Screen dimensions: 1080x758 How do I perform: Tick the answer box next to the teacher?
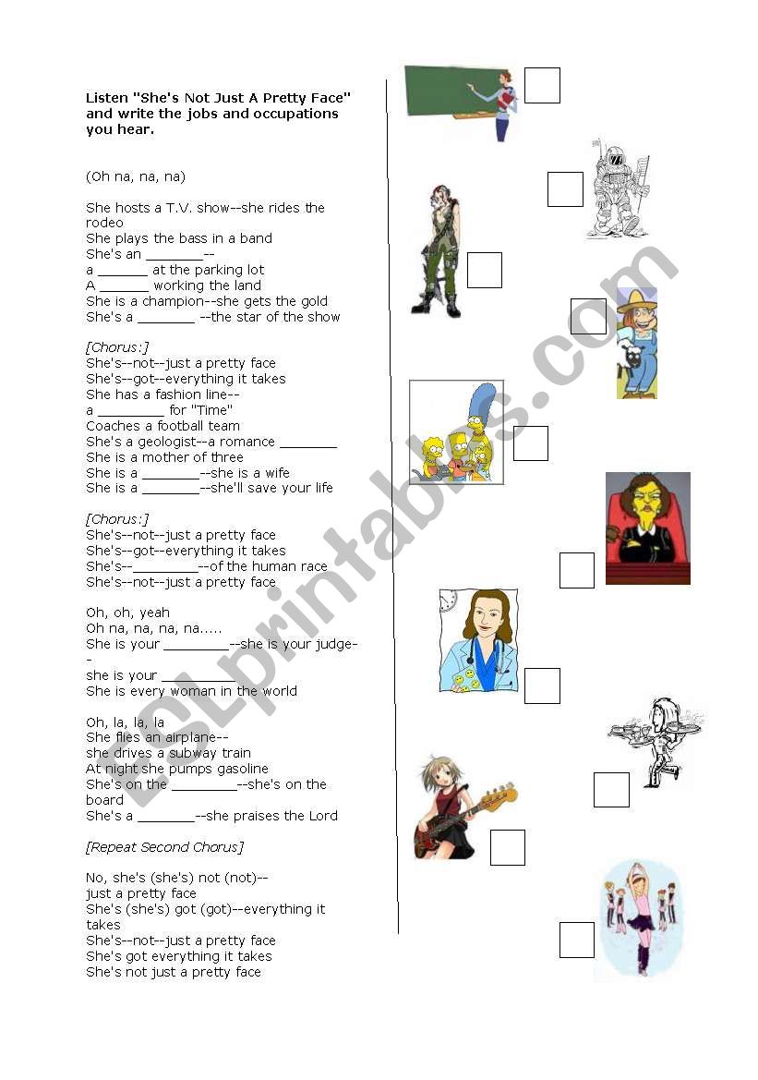pyautogui.click(x=542, y=86)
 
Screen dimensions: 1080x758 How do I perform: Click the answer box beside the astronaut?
pyautogui.click(x=565, y=189)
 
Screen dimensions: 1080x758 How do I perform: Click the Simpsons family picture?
pyautogui.click(x=456, y=431)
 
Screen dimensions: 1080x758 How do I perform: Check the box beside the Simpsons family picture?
pyautogui.click(x=531, y=443)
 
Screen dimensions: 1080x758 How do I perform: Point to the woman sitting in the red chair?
pyautogui.click(x=647, y=528)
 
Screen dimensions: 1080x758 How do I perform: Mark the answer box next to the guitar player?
pyautogui.click(x=507, y=847)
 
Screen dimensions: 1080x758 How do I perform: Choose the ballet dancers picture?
pyautogui.click(x=636, y=919)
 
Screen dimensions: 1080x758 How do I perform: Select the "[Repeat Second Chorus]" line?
pyautogui.click(x=164, y=847)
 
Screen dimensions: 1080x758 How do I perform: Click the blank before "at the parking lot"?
pyautogui.click(x=122, y=271)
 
